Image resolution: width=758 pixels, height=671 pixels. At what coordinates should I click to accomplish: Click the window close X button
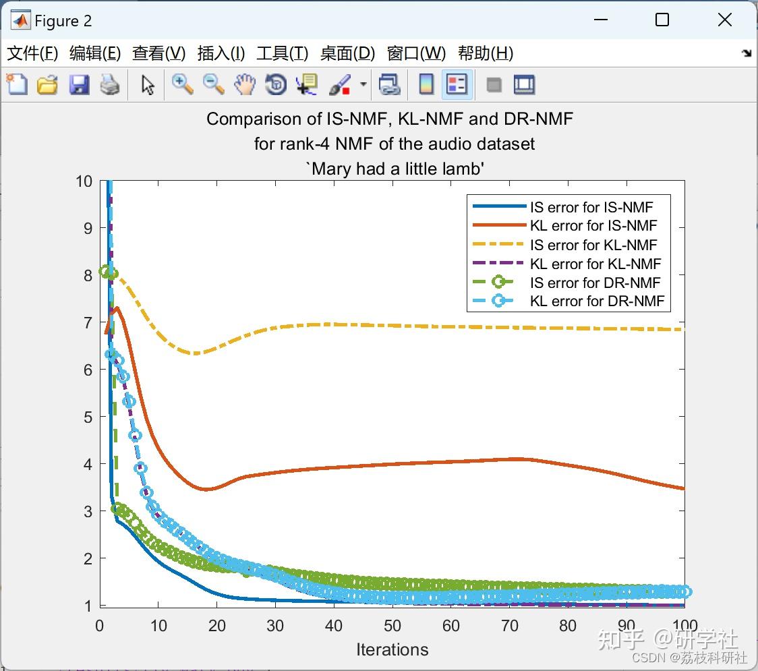point(725,20)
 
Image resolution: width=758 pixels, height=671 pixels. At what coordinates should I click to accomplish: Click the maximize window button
point(662,20)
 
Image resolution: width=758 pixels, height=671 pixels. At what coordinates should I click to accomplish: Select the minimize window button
point(600,20)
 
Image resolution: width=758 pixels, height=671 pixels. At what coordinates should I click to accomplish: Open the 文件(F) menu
point(32,53)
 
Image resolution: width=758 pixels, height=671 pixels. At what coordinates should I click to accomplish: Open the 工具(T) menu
point(282,53)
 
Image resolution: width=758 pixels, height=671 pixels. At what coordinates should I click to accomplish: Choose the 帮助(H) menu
point(485,53)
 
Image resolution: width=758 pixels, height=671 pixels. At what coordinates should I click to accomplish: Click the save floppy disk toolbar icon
point(79,84)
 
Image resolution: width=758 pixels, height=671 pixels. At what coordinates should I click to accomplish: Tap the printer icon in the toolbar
point(110,84)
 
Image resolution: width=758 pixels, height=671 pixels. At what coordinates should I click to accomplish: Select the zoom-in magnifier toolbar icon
point(182,84)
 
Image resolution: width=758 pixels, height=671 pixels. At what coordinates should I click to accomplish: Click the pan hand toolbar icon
point(245,84)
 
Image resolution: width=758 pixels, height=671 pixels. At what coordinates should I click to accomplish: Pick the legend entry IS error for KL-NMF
point(593,245)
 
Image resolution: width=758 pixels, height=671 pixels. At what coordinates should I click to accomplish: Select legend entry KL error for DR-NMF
point(597,301)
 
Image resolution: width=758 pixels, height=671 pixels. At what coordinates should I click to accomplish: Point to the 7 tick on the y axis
point(84,322)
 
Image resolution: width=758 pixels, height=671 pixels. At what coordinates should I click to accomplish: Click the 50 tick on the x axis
point(392,625)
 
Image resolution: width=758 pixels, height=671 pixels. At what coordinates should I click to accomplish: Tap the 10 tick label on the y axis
point(84,181)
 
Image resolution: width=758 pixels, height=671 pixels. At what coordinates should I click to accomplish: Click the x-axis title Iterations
point(392,649)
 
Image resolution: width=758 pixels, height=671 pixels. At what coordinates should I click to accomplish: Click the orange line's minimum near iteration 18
point(206,489)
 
